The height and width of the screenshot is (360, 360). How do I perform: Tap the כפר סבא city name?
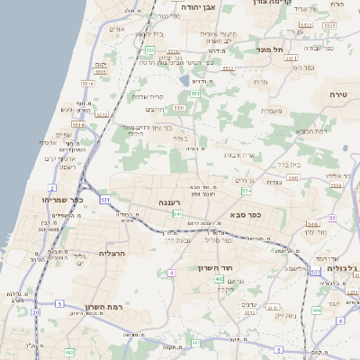248,216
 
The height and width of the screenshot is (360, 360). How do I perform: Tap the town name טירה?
344,94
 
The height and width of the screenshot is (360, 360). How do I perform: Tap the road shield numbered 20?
36,312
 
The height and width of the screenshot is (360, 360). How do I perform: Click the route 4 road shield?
171,272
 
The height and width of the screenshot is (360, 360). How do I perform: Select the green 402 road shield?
219,280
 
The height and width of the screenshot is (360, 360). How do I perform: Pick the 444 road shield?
316,310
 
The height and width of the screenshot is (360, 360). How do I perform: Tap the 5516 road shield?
113,82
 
